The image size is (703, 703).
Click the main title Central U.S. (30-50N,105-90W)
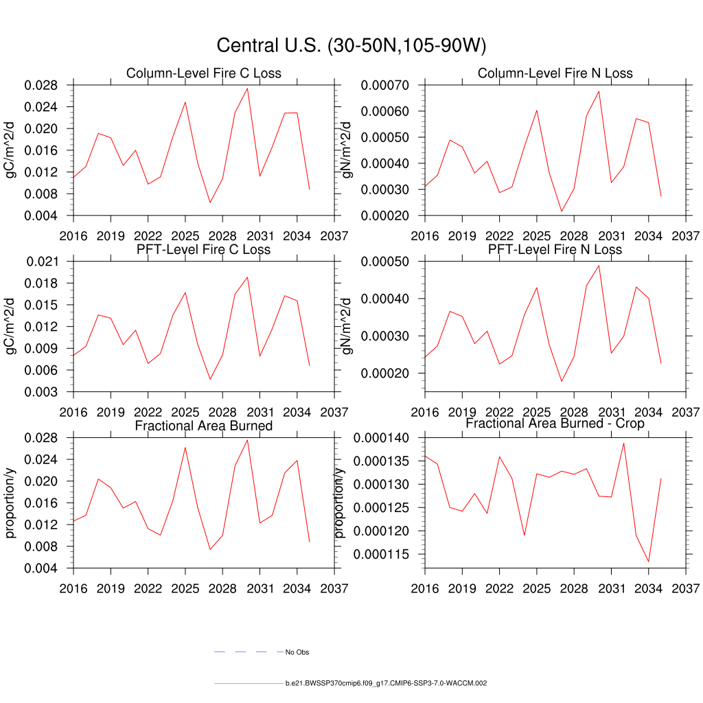(351, 45)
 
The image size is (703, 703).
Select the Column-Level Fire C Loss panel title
(203, 73)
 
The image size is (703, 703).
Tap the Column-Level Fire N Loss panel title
(555, 73)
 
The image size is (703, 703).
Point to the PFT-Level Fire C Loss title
(203, 249)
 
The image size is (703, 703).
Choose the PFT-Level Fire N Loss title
(555, 249)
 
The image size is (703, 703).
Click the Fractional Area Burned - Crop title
(555, 424)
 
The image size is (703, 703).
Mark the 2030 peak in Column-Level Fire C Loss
(247, 88)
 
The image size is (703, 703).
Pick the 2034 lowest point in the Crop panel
(648, 562)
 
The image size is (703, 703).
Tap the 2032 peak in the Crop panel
(623, 443)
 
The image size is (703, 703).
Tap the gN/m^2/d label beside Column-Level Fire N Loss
(347, 150)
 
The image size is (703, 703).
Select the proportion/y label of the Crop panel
(339, 503)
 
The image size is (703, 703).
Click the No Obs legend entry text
(297, 652)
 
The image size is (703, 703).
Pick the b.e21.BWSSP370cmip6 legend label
(386, 684)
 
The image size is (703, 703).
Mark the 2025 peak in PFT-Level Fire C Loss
(185, 292)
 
